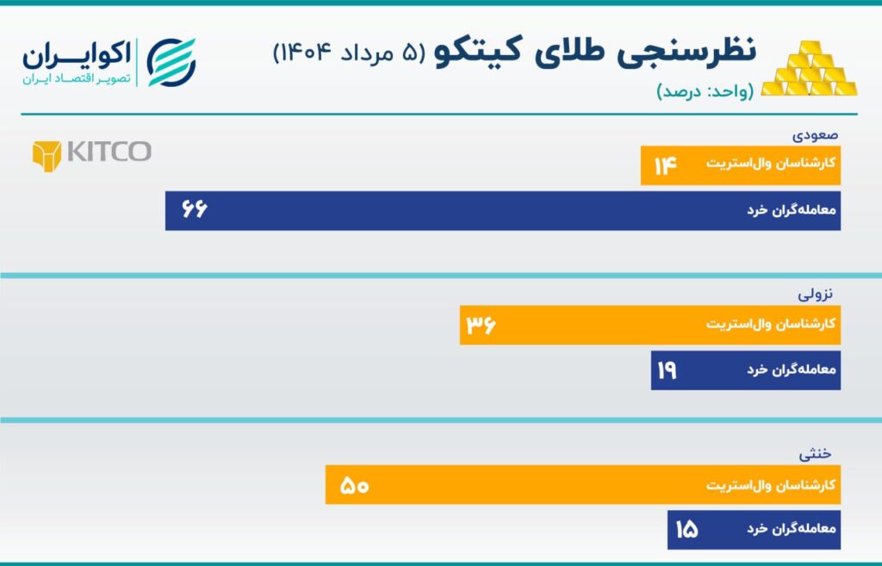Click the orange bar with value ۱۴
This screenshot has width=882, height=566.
(x=740, y=165)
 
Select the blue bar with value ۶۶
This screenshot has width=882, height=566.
(x=503, y=211)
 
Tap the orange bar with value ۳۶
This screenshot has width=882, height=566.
(x=650, y=325)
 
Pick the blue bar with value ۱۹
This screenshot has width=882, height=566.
(x=746, y=370)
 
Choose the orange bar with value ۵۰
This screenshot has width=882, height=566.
(x=583, y=485)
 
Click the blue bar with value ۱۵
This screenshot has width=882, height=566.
(x=754, y=530)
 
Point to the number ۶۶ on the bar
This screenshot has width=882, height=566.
(x=195, y=209)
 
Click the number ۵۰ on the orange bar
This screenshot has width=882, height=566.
(x=354, y=486)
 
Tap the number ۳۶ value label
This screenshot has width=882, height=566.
(x=481, y=325)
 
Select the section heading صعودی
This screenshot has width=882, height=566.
(x=815, y=135)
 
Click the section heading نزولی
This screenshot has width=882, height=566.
(x=815, y=294)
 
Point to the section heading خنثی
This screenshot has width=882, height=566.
(x=815, y=453)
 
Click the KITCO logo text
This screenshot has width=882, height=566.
(x=109, y=152)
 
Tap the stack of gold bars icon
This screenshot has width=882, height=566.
(x=810, y=69)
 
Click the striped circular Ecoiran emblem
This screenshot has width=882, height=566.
(x=171, y=62)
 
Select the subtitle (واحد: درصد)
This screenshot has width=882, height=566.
(x=705, y=91)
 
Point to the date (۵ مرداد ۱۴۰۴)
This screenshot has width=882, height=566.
(x=350, y=53)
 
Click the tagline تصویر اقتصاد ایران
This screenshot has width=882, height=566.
(x=77, y=78)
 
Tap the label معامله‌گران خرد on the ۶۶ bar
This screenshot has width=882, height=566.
(x=792, y=210)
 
